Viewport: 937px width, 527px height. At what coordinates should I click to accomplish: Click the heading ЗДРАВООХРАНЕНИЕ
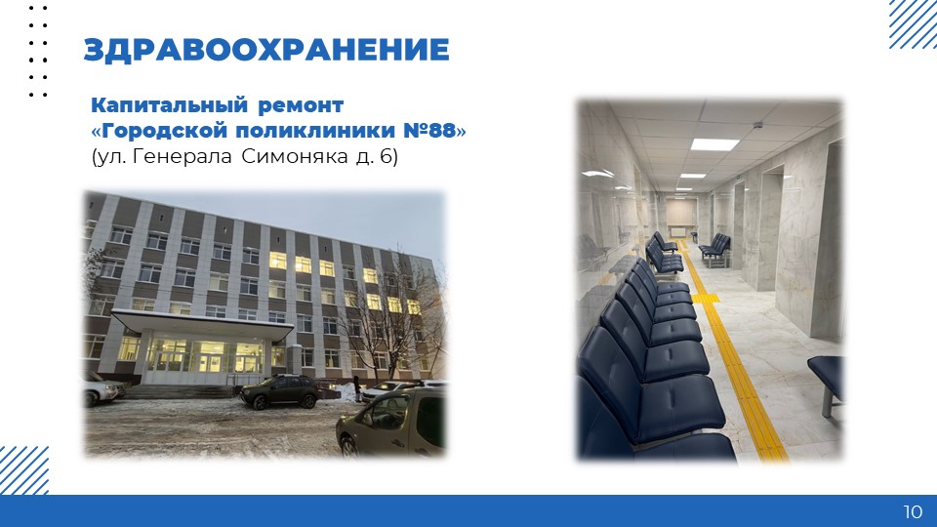pyautogui.click(x=265, y=50)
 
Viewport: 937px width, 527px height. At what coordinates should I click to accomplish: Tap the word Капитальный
pyautogui.click(x=168, y=105)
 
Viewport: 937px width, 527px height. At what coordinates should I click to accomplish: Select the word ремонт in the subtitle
pyautogui.click(x=301, y=106)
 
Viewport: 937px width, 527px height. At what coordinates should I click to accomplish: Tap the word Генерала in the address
pyautogui.click(x=182, y=156)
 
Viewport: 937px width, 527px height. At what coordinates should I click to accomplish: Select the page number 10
pyautogui.click(x=913, y=511)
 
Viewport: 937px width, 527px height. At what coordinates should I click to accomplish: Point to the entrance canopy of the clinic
pyautogui.click(x=202, y=323)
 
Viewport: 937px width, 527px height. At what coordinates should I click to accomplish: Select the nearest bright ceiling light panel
pyautogui.click(x=714, y=144)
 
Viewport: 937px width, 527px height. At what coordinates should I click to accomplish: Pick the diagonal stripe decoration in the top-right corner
pyautogui.click(x=913, y=23)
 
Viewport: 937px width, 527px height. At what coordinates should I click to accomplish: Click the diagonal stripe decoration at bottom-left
pyautogui.click(x=23, y=470)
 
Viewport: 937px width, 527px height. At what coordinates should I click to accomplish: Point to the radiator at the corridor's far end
pyautogui.click(x=680, y=231)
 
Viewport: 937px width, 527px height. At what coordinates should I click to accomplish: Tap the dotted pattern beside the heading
pyautogui.click(x=38, y=52)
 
